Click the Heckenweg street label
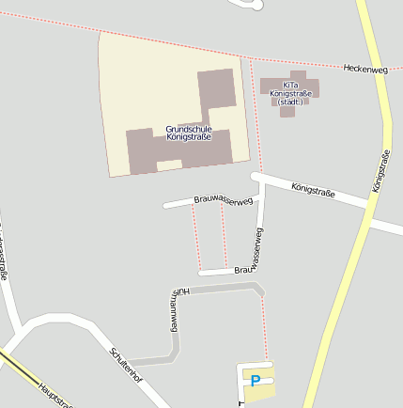click(365, 69)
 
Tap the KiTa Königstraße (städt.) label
click(289, 92)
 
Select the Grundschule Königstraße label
click(188, 133)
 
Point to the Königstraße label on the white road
click(313, 191)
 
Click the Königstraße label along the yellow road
click(380, 172)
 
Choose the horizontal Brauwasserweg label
click(223, 199)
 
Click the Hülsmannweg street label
click(175, 310)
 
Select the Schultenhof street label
click(126, 365)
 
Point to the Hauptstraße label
click(54, 393)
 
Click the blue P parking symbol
click(256, 381)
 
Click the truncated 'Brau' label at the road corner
click(244, 270)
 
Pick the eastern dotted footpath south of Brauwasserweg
click(224, 236)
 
